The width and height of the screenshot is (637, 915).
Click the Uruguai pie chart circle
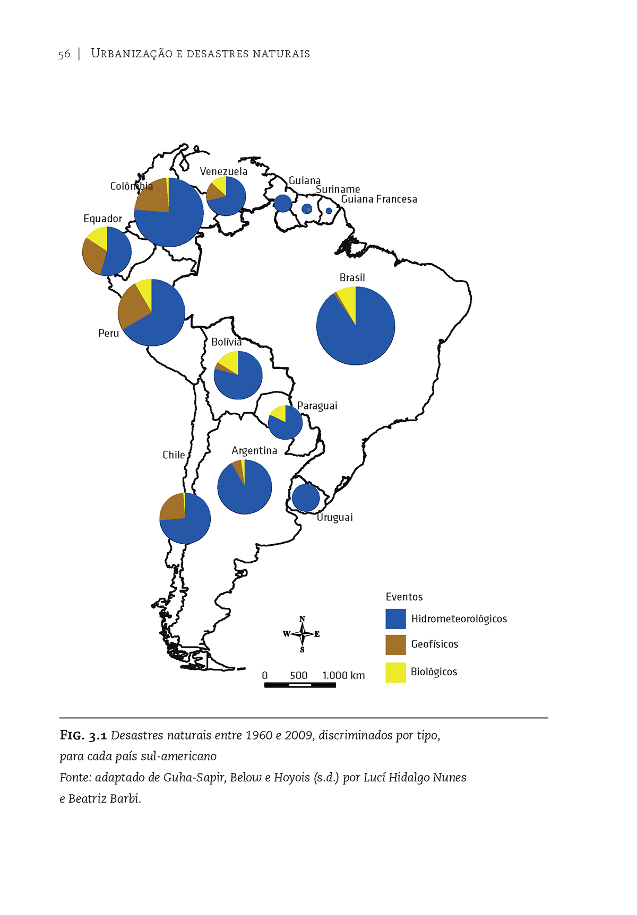pos(306,498)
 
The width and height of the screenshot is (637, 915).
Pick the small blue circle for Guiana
pos(283,203)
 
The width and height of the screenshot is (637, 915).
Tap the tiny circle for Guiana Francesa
pos(329,211)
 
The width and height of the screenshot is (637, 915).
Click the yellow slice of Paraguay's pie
pos(279,412)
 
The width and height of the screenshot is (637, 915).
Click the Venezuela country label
pos(223,171)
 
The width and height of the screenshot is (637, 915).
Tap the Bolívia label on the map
pos(226,342)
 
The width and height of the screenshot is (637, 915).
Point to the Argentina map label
pos(254,450)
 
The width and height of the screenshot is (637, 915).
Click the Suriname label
pos(338,189)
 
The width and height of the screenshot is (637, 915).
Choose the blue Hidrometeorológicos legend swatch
pos(395,618)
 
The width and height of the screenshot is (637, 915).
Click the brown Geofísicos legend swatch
pos(395,644)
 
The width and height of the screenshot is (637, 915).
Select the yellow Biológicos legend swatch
pos(395,672)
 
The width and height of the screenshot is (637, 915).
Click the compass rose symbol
pos(302,634)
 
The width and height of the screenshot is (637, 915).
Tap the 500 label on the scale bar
pos(298,675)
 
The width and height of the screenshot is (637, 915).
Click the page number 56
pos(64,54)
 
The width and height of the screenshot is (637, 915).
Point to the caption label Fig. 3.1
pos(83,735)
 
